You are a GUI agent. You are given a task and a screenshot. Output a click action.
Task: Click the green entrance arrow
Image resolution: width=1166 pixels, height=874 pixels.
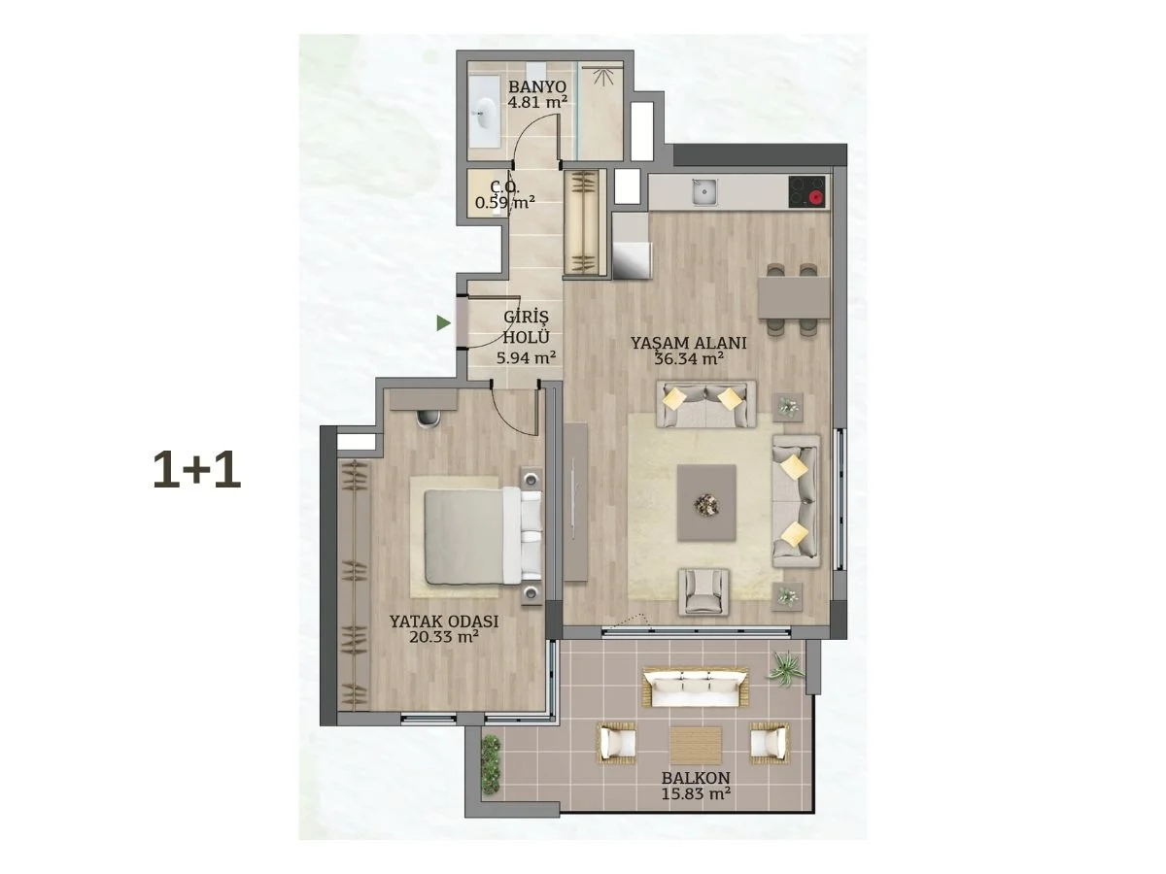coord(443,322)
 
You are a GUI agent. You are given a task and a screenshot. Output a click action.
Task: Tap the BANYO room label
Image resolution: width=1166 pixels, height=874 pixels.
coord(537,86)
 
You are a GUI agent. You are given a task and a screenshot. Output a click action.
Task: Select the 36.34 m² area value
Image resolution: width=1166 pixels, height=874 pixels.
coord(689,358)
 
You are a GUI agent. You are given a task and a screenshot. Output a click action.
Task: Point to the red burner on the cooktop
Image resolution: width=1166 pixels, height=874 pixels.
coord(815,199)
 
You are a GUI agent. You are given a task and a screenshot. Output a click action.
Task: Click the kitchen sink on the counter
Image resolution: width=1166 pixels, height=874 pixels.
coord(704,192)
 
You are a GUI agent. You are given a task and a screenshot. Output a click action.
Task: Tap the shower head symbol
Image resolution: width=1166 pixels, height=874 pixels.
coord(603,78)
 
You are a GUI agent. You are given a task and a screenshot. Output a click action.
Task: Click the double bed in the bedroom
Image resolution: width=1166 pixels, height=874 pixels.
coord(482,536)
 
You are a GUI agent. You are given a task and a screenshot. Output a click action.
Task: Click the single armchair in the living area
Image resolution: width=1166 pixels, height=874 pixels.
coord(703,591)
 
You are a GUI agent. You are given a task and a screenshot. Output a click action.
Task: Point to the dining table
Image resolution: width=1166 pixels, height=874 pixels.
coord(794,298)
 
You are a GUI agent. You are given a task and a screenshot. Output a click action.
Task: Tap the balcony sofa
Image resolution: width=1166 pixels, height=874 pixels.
coord(696,688)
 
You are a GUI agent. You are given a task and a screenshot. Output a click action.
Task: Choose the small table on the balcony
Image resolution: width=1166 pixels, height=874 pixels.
coord(696,746)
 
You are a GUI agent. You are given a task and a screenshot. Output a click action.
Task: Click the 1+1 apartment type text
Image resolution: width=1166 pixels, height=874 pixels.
coord(196,470)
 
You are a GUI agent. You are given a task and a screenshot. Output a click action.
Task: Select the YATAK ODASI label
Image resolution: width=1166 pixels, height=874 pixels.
coord(444,622)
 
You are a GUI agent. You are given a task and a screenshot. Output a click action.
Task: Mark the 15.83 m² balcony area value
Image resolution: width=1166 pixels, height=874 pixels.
coord(696,793)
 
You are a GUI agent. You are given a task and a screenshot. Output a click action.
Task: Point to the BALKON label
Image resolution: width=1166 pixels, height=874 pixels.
coord(696,778)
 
